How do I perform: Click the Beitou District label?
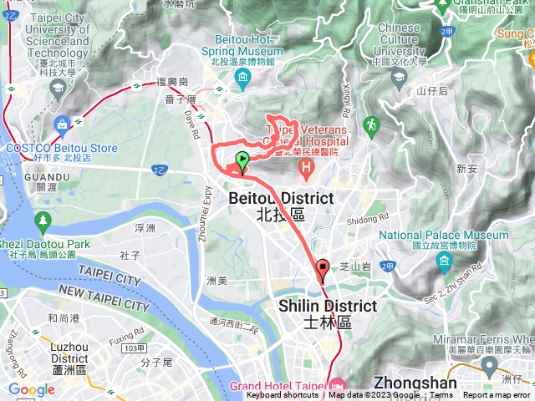tap(281, 198)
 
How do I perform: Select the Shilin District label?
tap(328, 307)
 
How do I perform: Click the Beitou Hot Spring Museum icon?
tap(243, 79)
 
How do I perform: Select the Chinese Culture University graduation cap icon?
tap(399, 77)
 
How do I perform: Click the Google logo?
tap(32, 389)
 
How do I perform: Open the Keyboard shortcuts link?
tap(284, 395)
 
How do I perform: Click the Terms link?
tap(441, 395)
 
